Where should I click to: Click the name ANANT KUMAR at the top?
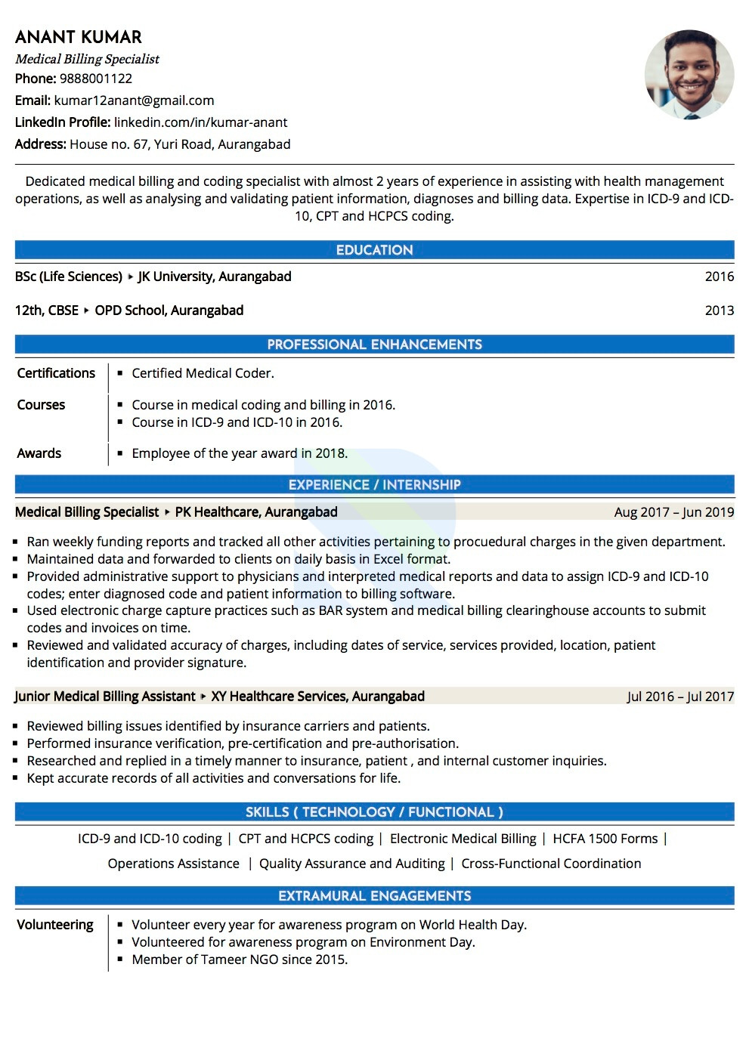click(79, 37)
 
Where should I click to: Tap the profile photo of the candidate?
click(689, 75)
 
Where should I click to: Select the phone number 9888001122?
click(96, 79)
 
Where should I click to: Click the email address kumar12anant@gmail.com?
click(134, 100)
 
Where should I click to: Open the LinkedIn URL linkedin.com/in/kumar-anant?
click(200, 122)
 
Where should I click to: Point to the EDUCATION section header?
click(374, 250)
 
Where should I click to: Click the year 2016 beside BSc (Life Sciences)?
click(719, 277)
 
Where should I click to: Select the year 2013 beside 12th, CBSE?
click(719, 311)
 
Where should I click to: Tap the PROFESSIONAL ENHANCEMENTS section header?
click(374, 345)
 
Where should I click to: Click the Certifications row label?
click(56, 373)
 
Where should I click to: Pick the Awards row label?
click(39, 453)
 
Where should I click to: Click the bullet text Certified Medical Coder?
click(203, 373)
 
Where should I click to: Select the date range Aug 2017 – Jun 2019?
click(673, 512)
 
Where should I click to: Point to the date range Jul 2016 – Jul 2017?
click(680, 697)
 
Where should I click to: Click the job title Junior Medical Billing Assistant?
click(105, 697)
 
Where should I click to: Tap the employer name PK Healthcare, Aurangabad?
click(256, 512)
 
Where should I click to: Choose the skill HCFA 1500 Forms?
click(605, 839)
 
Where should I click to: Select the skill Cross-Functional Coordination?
click(551, 864)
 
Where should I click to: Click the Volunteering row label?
click(55, 925)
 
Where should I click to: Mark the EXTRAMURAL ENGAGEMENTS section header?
click(374, 896)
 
